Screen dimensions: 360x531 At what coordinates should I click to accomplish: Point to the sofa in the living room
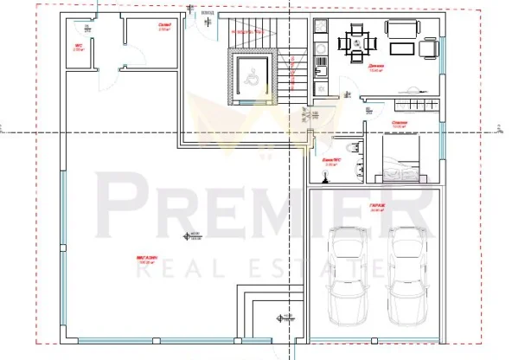coord(403,30)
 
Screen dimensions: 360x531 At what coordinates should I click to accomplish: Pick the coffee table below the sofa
coord(400,52)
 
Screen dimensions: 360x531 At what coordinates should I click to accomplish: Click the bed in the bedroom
coord(403,164)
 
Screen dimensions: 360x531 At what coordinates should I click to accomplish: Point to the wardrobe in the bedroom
coord(413,106)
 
